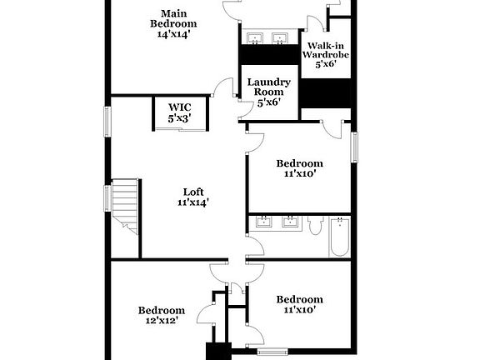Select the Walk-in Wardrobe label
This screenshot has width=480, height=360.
[x=325, y=48]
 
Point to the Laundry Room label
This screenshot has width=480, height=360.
[x=267, y=87]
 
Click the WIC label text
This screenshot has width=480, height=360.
[x=180, y=107]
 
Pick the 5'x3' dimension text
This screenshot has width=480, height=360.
[x=180, y=118]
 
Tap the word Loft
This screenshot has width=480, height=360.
[x=192, y=191]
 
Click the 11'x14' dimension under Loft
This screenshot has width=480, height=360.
[x=192, y=202]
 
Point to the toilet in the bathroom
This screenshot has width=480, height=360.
[x=315, y=225]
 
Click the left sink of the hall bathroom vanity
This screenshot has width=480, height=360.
[x=264, y=222]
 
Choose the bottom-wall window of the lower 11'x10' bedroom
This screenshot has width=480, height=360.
[x=272, y=351]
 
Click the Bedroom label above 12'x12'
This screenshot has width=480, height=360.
[x=161, y=310]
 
